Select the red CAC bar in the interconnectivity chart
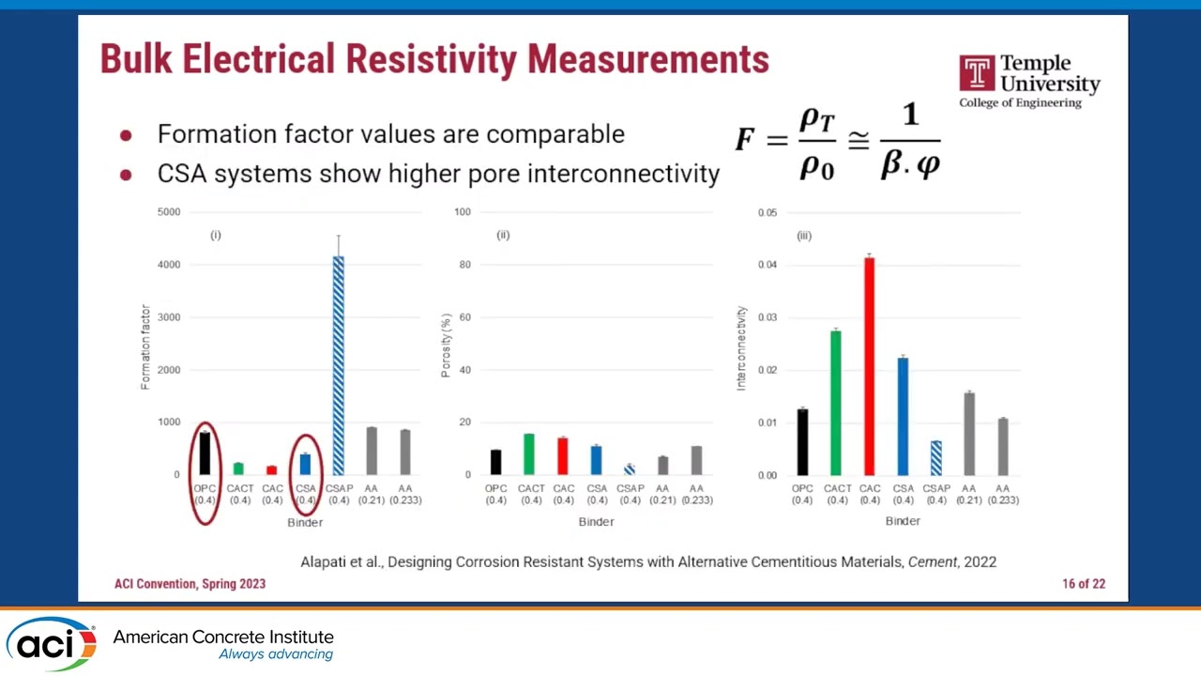869,366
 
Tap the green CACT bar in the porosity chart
529,454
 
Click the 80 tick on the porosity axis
463,265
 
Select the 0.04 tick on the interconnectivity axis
767,265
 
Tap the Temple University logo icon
977,74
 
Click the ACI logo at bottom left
51,643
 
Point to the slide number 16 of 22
1084,584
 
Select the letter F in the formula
745,141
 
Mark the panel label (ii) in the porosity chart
503,235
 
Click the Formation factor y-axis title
145,346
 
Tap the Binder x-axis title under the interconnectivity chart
903,521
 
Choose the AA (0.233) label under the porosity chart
696,494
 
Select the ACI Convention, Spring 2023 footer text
190,584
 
